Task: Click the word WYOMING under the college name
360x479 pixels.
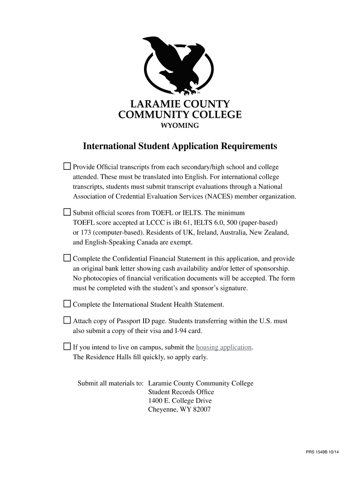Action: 180,125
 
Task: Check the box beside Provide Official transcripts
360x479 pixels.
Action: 67,166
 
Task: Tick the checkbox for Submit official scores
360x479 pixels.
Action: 67,212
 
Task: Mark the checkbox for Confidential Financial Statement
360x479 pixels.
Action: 67,258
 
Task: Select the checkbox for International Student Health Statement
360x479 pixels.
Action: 67,304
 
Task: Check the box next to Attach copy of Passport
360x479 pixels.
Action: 67,320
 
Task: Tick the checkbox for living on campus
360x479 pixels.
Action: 67,347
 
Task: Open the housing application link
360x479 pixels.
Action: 224,348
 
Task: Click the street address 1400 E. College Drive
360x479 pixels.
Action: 180,401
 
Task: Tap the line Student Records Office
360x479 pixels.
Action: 181,392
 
